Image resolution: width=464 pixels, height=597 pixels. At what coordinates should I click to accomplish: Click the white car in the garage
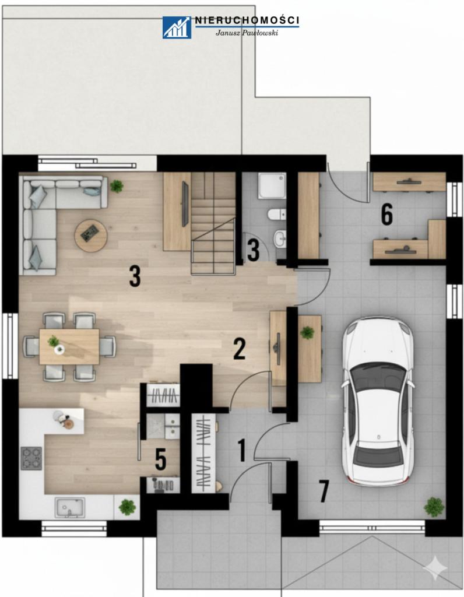coord(377,401)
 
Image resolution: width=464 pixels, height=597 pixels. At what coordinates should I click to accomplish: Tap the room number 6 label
coord(386,215)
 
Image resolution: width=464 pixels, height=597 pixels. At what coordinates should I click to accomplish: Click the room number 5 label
coord(161,459)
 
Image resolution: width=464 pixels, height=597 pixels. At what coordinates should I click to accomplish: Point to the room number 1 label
coord(242,450)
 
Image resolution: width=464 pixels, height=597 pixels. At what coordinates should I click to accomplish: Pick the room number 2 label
coord(239,349)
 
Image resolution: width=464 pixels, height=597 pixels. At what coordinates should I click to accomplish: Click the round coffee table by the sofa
coord(91,236)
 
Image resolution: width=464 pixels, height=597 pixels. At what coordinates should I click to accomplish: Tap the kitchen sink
coord(69,508)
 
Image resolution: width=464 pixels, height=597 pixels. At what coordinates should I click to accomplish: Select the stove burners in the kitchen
coord(31,458)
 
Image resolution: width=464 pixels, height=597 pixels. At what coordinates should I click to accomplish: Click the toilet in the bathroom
coord(277,215)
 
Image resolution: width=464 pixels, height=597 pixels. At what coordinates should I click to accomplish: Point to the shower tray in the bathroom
coord(272,186)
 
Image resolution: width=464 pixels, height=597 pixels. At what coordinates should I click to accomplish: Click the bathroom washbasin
coord(280,239)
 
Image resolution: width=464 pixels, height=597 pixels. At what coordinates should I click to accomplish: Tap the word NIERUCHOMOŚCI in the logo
coord(247,20)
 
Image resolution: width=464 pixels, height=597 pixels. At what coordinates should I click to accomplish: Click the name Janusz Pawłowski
coord(247,33)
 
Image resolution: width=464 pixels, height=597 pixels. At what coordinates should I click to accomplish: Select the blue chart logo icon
coord(177,27)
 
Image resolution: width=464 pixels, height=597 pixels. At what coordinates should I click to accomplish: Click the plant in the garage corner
coord(434,507)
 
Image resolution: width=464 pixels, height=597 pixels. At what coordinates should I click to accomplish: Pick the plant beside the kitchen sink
coord(127,507)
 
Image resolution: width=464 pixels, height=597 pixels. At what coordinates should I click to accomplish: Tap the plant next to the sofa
coord(117,186)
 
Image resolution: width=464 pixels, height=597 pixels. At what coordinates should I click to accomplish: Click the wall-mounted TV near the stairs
coord(185,203)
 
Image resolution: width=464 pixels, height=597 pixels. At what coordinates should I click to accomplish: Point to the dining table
coord(69,346)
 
